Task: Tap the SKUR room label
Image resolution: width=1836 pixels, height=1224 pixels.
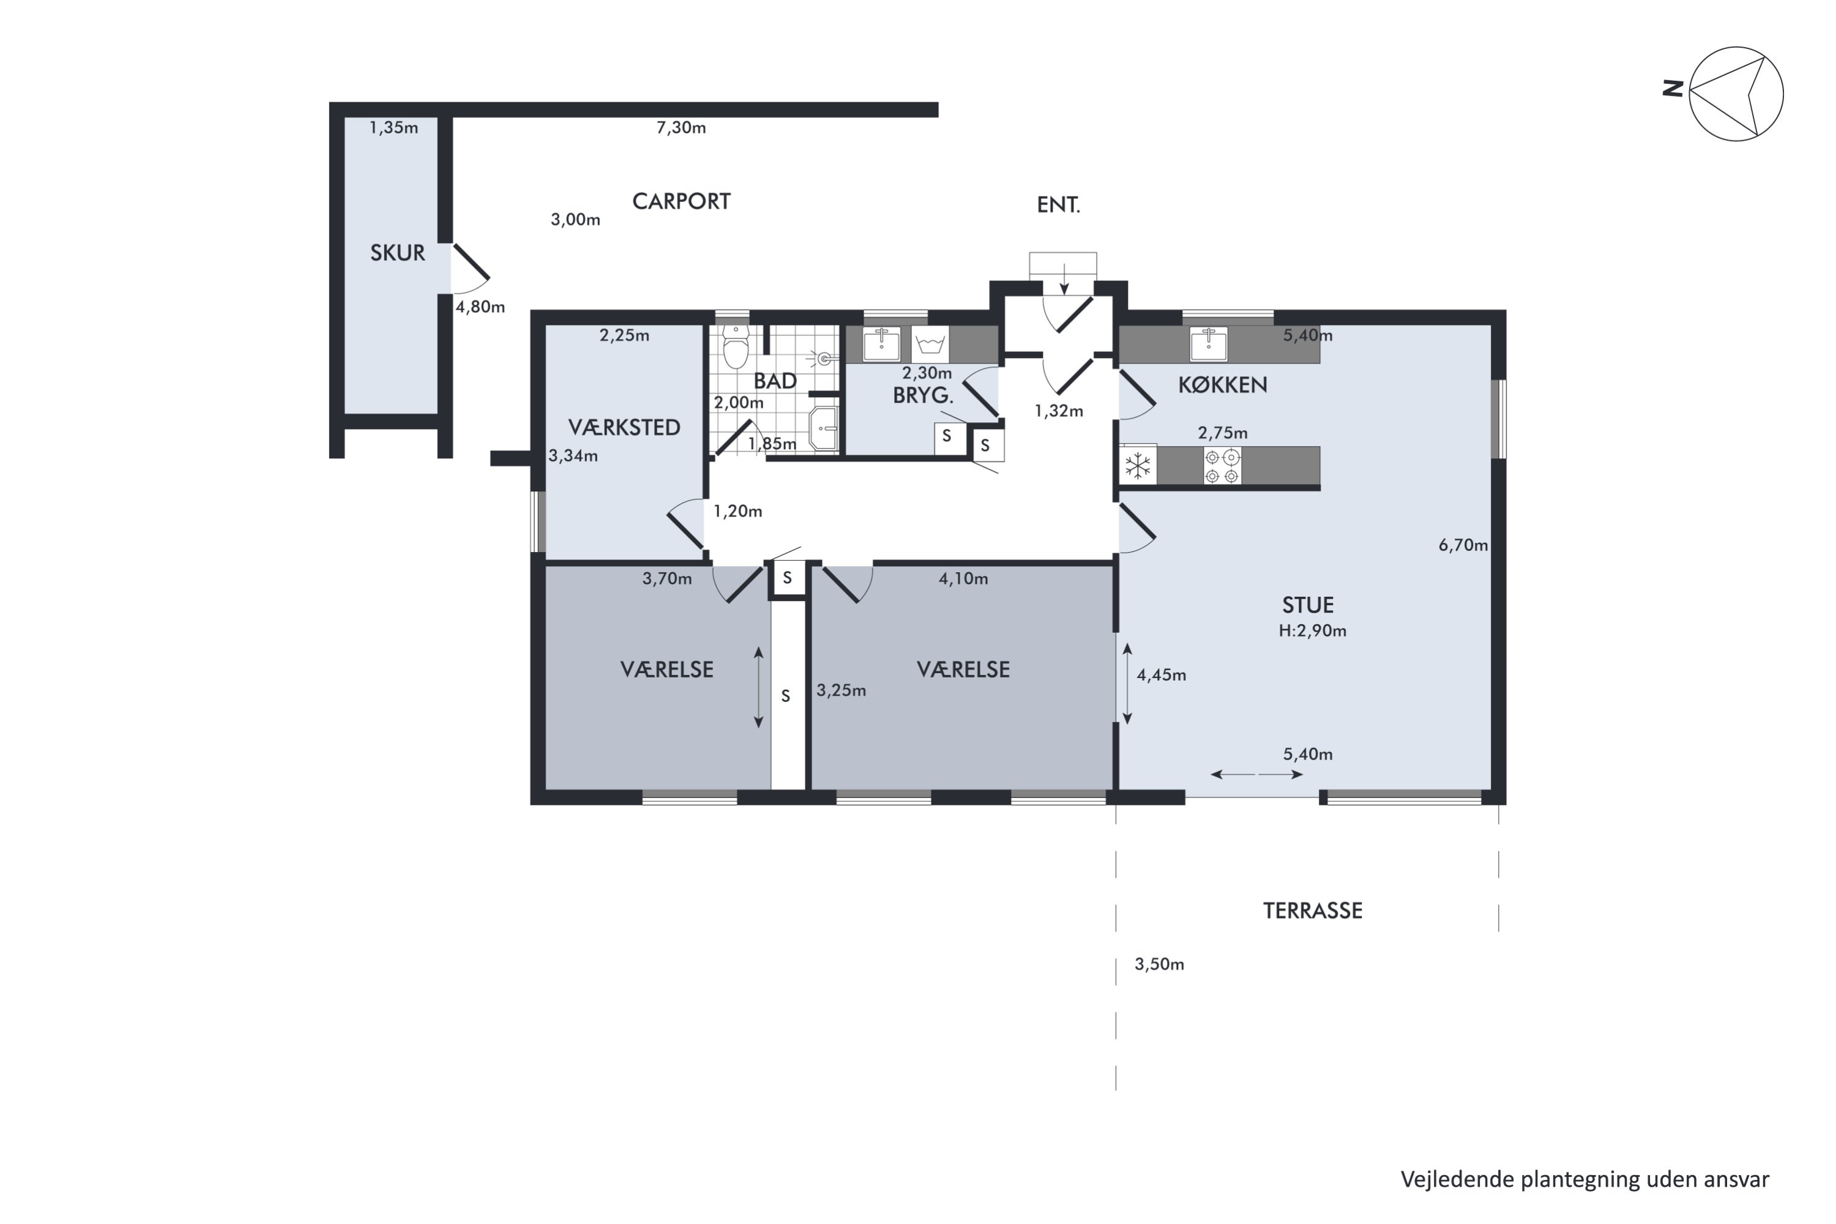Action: point(397,253)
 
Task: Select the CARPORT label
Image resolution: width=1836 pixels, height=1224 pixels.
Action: point(681,201)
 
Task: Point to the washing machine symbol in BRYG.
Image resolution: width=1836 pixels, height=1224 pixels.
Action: point(930,344)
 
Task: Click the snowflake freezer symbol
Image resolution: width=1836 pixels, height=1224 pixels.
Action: point(1137,466)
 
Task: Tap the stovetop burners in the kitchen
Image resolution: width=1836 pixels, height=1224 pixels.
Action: point(1222,466)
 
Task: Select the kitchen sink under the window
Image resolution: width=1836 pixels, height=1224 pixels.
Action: point(1208,344)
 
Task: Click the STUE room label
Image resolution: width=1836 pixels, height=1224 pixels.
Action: point(1307,605)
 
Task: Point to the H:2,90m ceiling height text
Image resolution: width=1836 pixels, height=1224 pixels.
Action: point(1312,631)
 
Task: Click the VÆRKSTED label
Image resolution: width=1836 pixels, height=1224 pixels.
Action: point(624,428)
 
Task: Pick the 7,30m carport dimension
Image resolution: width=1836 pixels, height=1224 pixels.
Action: point(681,128)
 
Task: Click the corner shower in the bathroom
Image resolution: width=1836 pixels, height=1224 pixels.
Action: point(824,428)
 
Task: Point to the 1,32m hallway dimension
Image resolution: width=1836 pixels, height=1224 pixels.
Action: point(1059,411)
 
